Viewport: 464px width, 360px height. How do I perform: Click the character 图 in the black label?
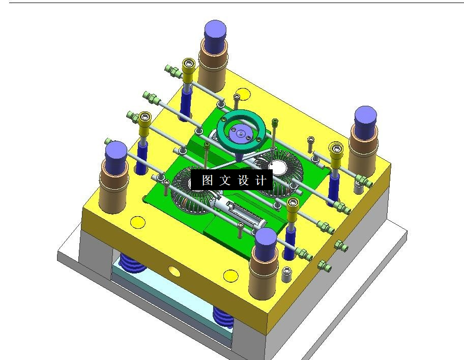(x=207, y=180)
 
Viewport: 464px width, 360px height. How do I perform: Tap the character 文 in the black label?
(x=225, y=180)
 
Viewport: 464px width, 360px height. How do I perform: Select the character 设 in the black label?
(x=243, y=180)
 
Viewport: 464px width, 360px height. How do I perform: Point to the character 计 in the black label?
(x=260, y=180)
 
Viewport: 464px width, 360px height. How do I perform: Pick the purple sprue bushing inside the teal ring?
(x=241, y=134)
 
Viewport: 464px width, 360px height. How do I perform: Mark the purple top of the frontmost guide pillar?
(x=266, y=241)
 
